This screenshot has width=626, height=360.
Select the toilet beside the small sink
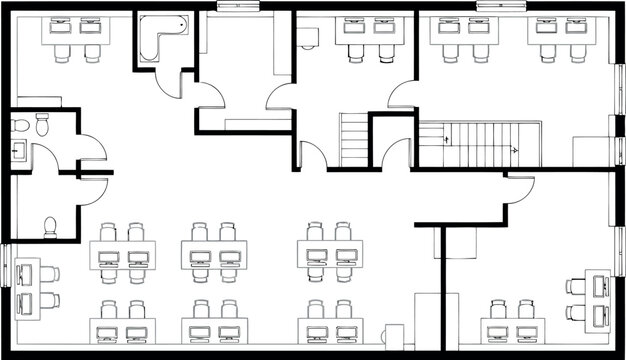click(x=42, y=126)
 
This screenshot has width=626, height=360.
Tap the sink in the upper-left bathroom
click(x=18, y=153)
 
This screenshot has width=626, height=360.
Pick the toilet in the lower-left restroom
click(x=50, y=225)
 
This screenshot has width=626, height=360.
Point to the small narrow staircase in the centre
click(x=355, y=140)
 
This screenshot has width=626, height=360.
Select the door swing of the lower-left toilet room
click(x=91, y=190)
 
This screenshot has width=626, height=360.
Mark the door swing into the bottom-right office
click(x=520, y=190)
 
